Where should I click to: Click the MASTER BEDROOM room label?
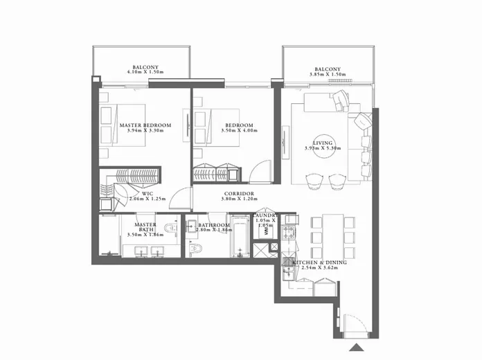tap(145, 125)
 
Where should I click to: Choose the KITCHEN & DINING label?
tap(319, 264)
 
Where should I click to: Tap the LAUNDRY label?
tap(265, 216)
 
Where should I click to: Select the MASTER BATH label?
tap(145, 227)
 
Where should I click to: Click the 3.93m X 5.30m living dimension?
tap(323, 148)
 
